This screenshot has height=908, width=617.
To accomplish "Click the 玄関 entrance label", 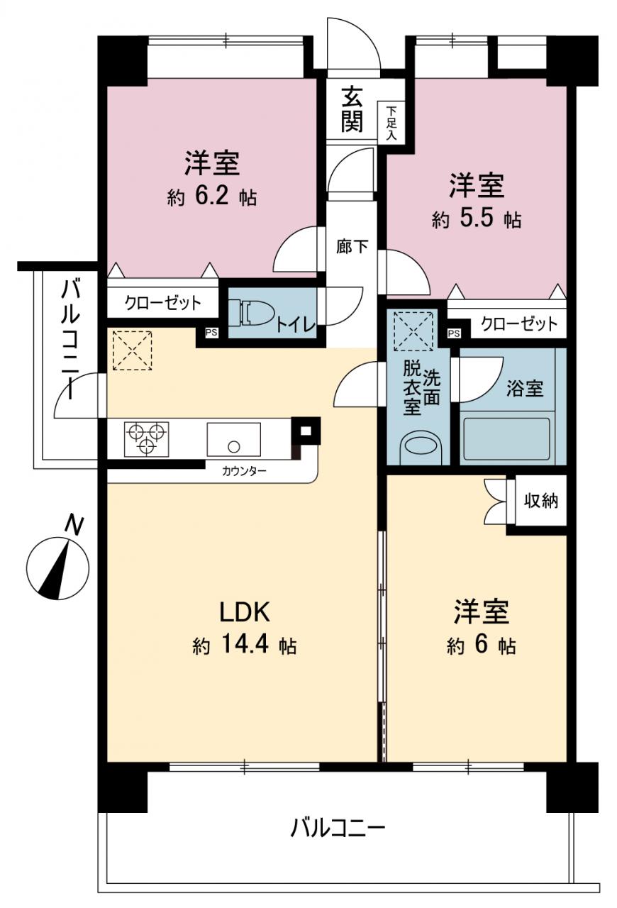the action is coord(351,109).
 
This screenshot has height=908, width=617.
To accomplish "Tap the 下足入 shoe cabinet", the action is coord(391,122).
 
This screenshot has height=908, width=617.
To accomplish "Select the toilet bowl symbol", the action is coord(250,313).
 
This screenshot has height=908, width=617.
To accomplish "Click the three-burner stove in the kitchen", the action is coord(146,439).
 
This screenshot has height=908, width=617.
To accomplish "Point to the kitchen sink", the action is coord(233,440).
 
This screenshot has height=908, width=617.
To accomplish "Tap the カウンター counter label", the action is coord(244,471).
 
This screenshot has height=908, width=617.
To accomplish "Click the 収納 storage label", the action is coord(541,502).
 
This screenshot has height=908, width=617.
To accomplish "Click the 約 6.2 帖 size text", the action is coord(211,197).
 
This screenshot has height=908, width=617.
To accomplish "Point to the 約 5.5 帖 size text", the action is coord(477,219).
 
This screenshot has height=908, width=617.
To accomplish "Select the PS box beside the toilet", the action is coord(211,333).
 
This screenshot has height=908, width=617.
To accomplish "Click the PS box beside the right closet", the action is coord(454,333).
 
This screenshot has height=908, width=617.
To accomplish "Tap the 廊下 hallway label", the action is coord(352,246).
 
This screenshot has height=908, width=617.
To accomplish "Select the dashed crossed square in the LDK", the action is coord(133,350).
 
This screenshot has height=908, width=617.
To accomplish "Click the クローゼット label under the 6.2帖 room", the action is coord(163,302).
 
